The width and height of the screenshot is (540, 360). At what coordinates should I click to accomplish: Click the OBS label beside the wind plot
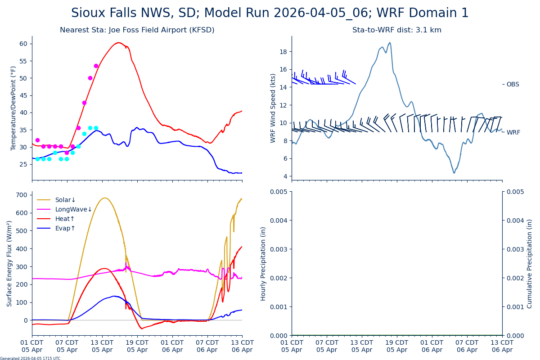513,85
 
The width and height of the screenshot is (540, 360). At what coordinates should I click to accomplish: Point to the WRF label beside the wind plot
513,133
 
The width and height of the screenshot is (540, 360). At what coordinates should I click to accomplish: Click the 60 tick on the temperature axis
22,44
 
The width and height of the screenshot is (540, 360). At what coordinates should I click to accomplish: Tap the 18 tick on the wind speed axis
283,52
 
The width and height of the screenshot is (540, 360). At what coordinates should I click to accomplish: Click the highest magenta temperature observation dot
96,66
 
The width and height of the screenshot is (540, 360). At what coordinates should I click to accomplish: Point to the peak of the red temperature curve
118,43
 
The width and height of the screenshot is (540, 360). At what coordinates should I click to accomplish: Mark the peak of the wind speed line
390,43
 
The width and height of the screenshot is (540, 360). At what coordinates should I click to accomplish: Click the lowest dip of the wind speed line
454,173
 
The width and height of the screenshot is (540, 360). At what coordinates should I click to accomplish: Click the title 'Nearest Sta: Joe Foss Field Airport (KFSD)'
137,30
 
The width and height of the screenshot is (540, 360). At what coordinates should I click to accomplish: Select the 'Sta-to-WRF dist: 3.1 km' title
396,30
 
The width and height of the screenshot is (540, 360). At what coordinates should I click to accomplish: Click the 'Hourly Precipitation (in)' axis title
263,263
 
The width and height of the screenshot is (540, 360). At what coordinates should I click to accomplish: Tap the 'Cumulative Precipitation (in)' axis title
530,263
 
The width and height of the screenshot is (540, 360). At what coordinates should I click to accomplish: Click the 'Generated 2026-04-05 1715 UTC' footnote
30,358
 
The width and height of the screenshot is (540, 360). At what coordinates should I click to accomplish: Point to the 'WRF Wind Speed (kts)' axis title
273,108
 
